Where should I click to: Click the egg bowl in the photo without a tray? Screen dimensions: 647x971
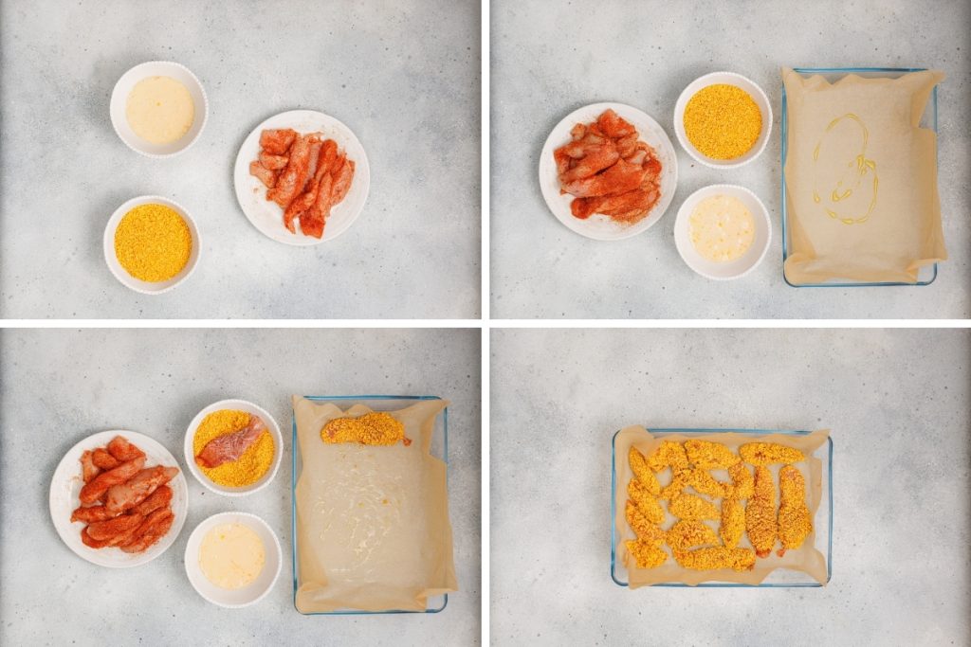158,109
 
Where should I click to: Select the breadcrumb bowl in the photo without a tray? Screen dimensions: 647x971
152,243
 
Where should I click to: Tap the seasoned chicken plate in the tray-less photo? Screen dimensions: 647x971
302,177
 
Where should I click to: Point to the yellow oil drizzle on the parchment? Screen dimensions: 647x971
844,171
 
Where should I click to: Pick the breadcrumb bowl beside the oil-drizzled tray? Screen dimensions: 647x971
723,121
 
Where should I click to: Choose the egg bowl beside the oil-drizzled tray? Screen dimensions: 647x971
722,229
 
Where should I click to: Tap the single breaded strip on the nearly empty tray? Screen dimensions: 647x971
364,429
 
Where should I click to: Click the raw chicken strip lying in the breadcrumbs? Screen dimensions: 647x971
230,442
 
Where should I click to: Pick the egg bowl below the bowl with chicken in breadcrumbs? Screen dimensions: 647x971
232,556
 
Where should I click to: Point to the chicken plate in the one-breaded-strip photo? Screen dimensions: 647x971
119,497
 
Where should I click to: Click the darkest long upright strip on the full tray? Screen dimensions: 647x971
761,512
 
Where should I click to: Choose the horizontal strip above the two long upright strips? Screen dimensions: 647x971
770,453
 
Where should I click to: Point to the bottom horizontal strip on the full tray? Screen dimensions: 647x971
716,559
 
